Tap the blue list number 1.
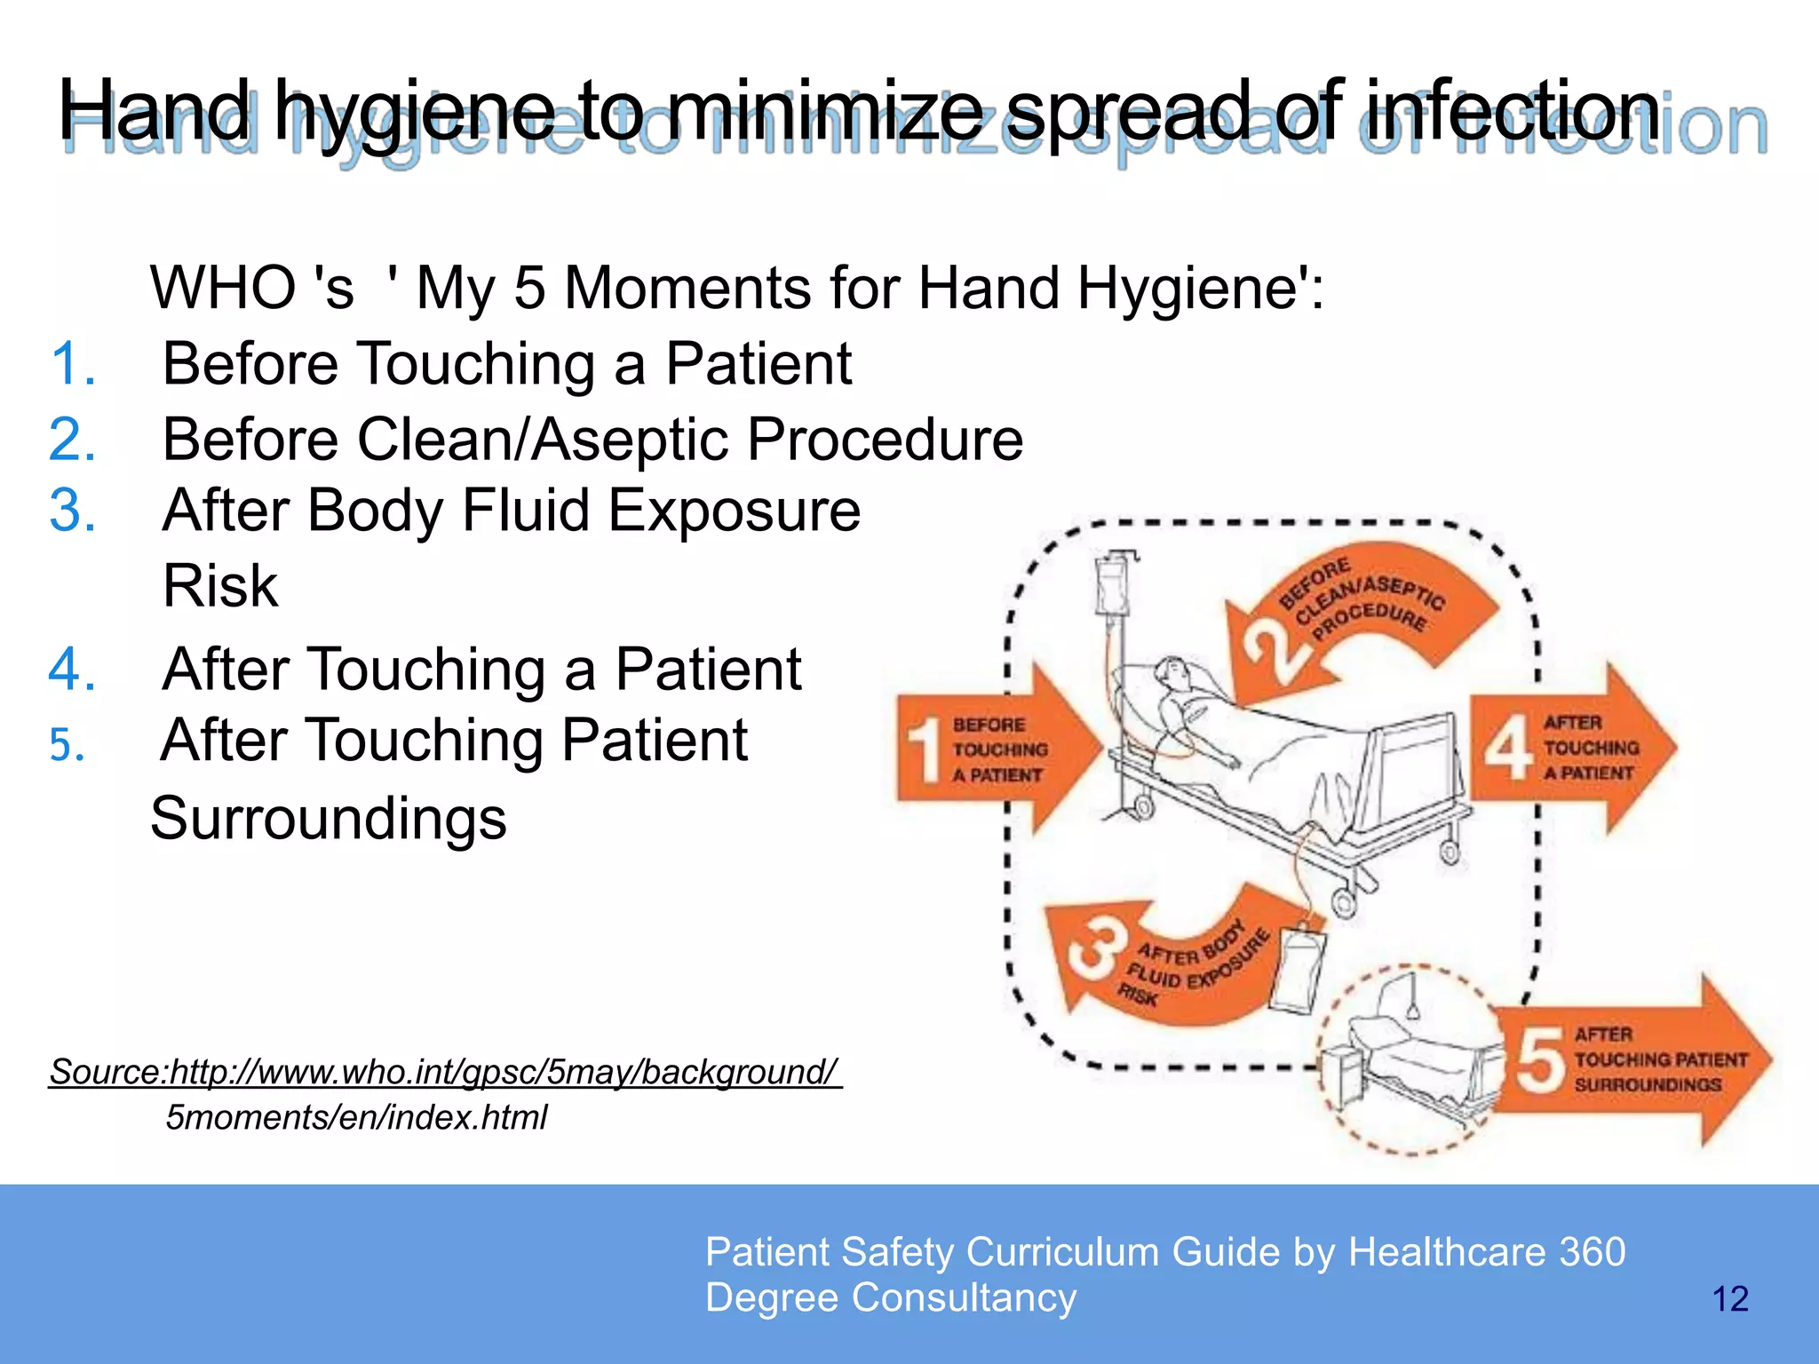[71, 364]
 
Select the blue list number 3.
[71, 511]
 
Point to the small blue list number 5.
[67, 744]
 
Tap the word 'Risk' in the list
[220, 586]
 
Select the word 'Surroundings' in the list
[329, 818]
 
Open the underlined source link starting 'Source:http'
[444, 1072]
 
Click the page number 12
[1729, 1299]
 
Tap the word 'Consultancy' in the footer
[964, 1297]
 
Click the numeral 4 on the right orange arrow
[1507, 747]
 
